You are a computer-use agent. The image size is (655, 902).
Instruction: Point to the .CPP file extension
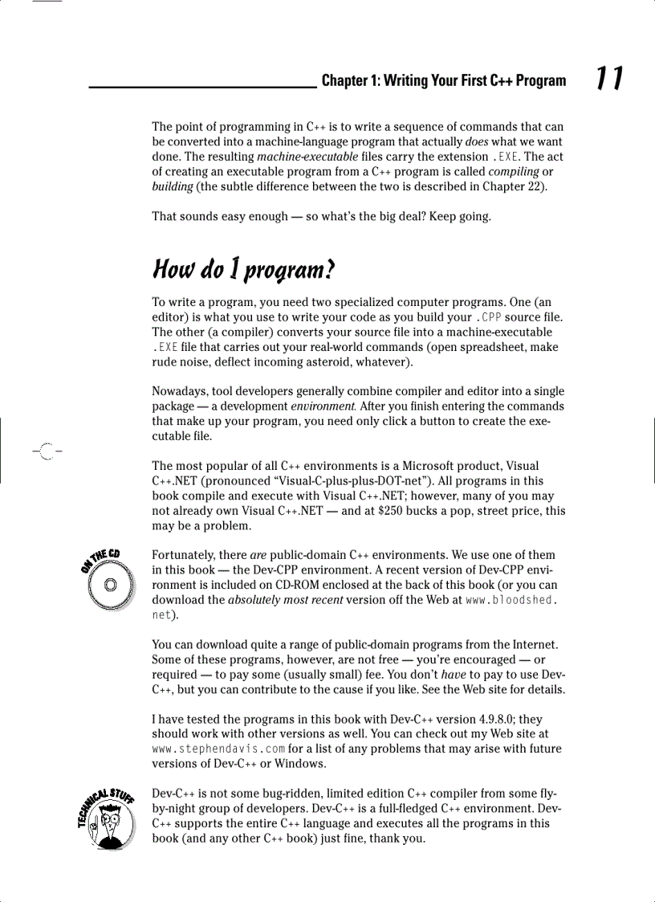(489, 316)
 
